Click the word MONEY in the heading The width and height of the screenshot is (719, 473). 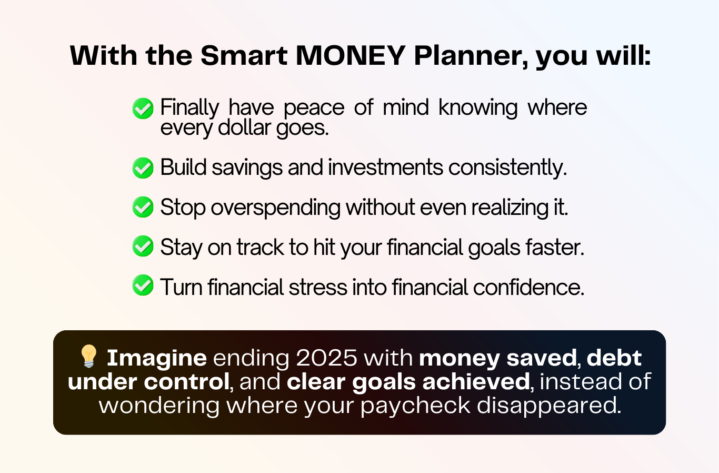tap(350, 56)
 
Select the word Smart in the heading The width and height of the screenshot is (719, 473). tap(244, 56)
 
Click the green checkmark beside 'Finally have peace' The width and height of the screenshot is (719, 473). tap(143, 108)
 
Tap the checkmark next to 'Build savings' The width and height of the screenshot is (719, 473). tap(143, 167)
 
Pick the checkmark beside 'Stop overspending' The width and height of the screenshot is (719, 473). tap(143, 207)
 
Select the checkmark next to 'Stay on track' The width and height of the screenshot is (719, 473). tap(143, 246)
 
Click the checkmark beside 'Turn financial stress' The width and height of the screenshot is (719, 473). tap(143, 285)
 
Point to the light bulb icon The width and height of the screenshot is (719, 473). tap(88, 356)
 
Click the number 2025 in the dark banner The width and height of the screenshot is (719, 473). tap(326, 358)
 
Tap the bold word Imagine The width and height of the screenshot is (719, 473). tap(157, 358)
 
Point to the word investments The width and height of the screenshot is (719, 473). tap(385, 167)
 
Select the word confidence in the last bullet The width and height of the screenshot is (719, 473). tap(528, 287)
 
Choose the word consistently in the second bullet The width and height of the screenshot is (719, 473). tap(508, 168)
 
